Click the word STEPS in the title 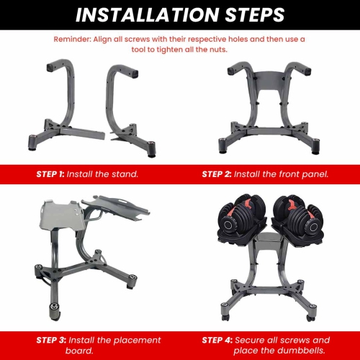click(x=248, y=14)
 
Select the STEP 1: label click(x=50, y=174)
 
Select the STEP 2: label click(x=222, y=174)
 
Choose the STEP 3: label click(x=50, y=340)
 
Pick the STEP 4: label click(x=222, y=340)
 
